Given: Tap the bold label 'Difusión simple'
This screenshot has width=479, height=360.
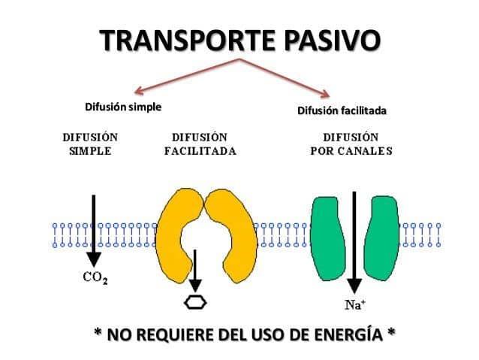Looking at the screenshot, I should coord(123,107).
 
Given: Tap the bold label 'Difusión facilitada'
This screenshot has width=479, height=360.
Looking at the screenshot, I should coord(342,111).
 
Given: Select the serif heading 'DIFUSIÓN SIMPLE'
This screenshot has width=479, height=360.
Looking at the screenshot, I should coord(90,144).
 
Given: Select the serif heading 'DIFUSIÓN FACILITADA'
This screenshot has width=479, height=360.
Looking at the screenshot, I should coord(200,144).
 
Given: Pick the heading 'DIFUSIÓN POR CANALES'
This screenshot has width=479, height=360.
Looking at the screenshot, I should coord(351,144).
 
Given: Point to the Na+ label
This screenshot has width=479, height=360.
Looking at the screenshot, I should coord(354,305).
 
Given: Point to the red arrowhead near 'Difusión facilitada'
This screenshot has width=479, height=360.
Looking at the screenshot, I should coord(325,94).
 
